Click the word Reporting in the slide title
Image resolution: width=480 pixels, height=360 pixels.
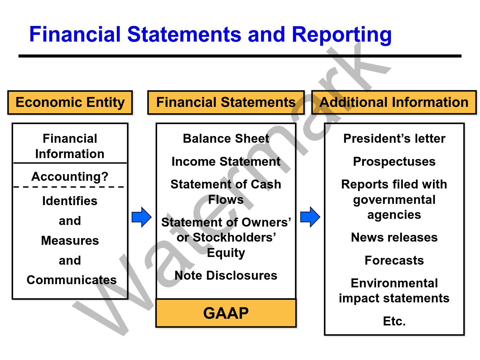[x=341, y=35]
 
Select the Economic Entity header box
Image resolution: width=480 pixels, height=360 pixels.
[x=70, y=102]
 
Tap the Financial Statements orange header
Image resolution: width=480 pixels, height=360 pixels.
[x=226, y=102]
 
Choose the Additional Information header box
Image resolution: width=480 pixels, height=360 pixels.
[x=394, y=102]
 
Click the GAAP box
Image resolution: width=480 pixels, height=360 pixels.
[x=226, y=313]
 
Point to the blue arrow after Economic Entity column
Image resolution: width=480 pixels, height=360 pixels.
[x=141, y=217]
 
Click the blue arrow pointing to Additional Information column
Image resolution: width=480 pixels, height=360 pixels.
[x=310, y=217]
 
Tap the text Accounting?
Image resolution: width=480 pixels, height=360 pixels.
[x=70, y=176]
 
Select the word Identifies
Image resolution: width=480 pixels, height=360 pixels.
[x=70, y=201]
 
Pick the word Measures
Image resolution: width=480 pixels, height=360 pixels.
[x=70, y=241]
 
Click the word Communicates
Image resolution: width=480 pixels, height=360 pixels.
[x=71, y=280]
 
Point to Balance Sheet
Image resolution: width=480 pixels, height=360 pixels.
[x=226, y=139]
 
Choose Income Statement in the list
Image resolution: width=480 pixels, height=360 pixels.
[x=226, y=162]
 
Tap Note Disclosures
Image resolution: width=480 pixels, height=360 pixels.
[x=226, y=276]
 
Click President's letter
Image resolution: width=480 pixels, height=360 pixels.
[x=394, y=139]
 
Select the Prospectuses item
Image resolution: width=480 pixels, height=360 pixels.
[x=394, y=162]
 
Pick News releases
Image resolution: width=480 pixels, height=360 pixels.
[x=394, y=237]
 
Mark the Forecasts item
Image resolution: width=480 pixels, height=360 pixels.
[x=394, y=260]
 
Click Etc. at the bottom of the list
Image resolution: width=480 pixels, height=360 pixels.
[x=394, y=321]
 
